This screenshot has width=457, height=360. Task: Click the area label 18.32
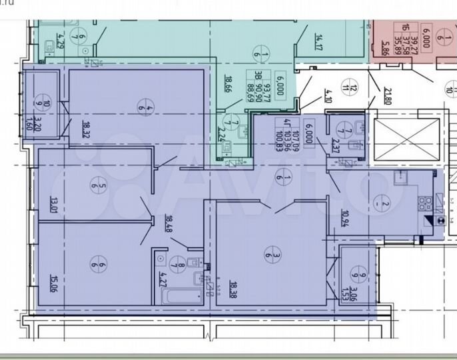click(86, 126)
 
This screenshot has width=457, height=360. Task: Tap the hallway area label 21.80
click(385, 97)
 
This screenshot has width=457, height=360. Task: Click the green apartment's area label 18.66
click(227, 87)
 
